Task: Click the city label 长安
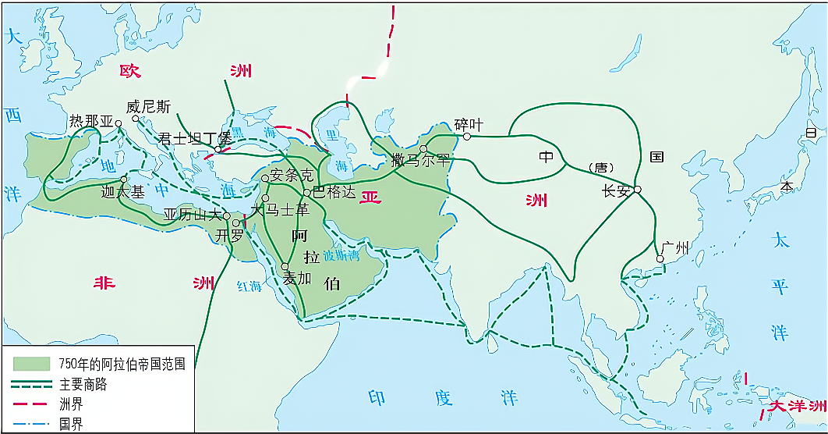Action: pyautogui.click(x=615, y=191)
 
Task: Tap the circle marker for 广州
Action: pyautogui.click(x=660, y=258)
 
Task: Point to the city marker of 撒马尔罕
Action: pyautogui.click(x=423, y=148)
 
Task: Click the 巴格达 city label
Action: pyautogui.click(x=334, y=190)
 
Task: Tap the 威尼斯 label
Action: pyautogui.click(x=148, y=107)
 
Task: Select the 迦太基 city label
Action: pyautogui.click(x=122, y=192)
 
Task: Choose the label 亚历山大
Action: pyautogui.click(x=193, y=215)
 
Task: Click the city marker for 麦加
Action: pyautogui.click(x=285, y=267)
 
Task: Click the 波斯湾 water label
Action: pyautogui.click(x=343, y=254)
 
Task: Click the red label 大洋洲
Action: pyautogui.click(x=795, y=406)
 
